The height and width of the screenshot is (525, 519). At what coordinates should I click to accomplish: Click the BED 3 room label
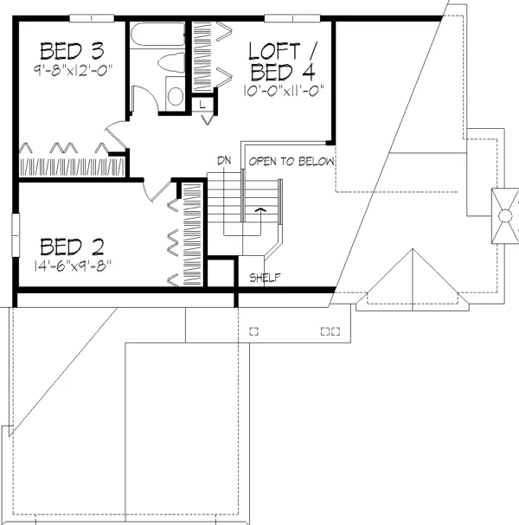(x=72, y=51)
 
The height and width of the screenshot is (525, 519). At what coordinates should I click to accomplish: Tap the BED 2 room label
(x=72, y=246)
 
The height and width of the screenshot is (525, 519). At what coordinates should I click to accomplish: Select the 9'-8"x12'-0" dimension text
(x=73, y=71)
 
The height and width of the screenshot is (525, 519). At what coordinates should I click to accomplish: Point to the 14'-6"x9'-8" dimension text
(x=73, y=266)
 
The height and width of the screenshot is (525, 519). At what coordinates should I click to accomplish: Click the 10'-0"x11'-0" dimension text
(x=284, y=91)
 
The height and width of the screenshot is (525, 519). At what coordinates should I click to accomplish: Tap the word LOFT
(x=274, y=51)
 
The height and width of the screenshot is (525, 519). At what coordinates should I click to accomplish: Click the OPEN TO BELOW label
(x=292, y=162)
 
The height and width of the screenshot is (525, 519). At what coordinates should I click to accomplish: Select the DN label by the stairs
(x=224, y=161)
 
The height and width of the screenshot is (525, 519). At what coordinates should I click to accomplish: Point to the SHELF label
(x=265, y=278)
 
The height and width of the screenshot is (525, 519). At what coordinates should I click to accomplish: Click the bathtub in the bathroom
(x=157, y=34)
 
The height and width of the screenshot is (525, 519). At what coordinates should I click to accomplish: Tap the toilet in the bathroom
(x=171, y=62)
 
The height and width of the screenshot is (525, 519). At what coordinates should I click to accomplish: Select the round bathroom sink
(x=176, y=96)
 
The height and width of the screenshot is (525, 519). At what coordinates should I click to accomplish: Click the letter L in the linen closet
(x=202, y=105)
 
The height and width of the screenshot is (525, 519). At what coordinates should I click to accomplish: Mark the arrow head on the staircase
(x=261, y=210)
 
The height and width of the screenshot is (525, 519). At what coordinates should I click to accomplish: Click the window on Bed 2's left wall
(x=16, y=235)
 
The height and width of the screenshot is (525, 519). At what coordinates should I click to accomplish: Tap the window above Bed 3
(x=92, y=18)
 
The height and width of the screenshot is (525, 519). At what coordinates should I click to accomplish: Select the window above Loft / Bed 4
(x=292, y=18)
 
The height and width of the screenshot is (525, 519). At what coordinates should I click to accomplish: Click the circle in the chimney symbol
(x=505, y=216)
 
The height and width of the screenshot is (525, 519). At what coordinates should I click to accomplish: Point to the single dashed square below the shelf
(x=253, y=331)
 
